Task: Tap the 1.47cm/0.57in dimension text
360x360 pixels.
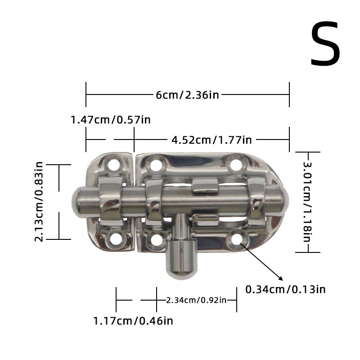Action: coord(110,120)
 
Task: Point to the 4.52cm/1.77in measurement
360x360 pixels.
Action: coord(211,139)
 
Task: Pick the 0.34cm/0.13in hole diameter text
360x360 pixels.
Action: coord(285,289)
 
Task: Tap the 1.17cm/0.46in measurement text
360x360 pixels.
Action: coord(133,321)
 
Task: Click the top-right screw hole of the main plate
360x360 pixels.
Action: coord(236,164)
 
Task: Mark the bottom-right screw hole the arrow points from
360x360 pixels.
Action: coord(237,239)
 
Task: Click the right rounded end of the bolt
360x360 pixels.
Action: coord(285,198)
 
